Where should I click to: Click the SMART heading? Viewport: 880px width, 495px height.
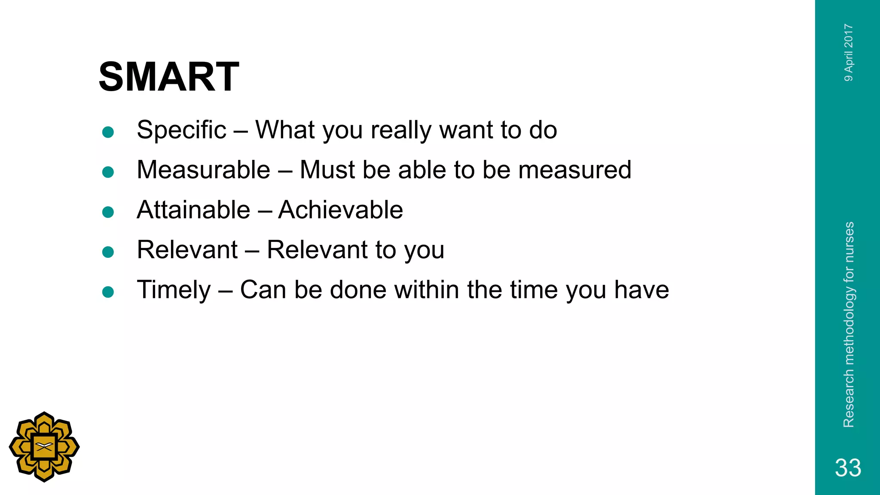tap(168, 77)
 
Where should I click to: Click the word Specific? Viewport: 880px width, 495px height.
tap(181, 130)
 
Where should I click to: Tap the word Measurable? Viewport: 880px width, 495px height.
tap(203, 170)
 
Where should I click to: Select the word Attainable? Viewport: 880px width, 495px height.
tap(193, 210)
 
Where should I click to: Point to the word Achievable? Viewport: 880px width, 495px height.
tap(340, 210)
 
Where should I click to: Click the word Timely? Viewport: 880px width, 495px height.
tap(174, 290)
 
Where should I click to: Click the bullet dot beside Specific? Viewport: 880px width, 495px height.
tap(108, 132)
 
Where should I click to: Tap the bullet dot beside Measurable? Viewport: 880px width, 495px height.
tap(108, 172)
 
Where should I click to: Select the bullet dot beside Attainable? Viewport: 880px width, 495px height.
tap(108, 212)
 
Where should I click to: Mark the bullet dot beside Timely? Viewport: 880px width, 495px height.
tap(108, 292)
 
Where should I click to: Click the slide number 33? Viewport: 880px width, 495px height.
tap(848, 467)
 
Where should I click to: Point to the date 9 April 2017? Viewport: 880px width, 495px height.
tap(849, 52)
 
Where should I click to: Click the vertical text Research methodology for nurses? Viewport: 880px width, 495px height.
tap(849, 324)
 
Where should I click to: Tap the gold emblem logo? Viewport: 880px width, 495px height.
tap(44, 447)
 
